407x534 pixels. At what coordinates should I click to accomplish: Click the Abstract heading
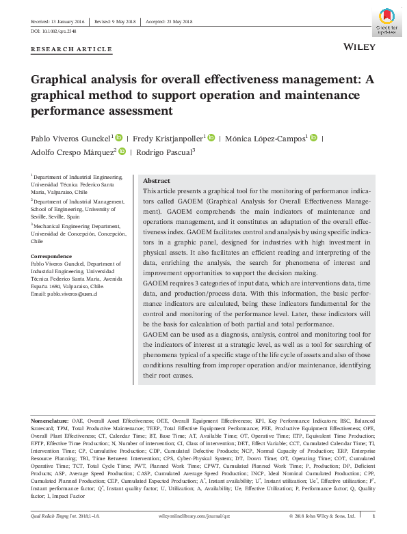[x=157, y=181]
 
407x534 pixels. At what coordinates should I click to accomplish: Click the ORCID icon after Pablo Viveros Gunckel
[x=119, y=137]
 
